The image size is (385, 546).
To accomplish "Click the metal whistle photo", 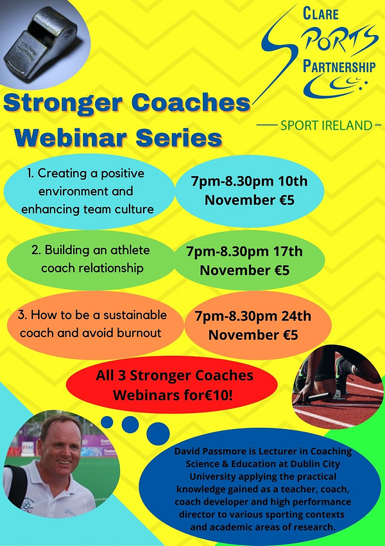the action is [x=45, y=44].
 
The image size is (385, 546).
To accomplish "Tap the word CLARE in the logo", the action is [x=320, y=13].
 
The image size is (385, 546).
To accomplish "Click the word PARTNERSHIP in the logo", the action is [x=339, y=66].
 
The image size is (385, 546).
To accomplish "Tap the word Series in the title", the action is [x=179, y=139].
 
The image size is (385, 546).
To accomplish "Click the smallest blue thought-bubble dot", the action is [x=107, y=422].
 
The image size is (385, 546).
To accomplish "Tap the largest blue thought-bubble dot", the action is [x=158, y=434].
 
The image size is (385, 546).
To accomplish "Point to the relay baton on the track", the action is [x=318, y=397].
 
